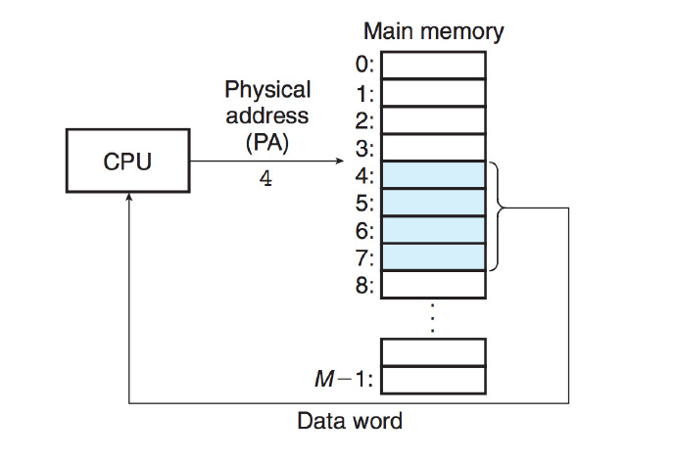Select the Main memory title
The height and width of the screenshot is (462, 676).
tap(433, 31)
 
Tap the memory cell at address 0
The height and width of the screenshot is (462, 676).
tap(433, 65)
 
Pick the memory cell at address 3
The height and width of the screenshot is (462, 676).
tap(433, 147)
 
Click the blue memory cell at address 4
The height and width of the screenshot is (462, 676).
tap(433, 175)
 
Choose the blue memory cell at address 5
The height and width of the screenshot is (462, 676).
tap(433, 203)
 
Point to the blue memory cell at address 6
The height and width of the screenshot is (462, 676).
tap(433, 230)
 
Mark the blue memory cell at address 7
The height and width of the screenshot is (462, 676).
tap(433, 256)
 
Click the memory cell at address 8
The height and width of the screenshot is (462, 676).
tap(433, 284)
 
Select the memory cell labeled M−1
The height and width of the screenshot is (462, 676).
tap(433, 379)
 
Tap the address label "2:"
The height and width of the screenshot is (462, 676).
tap(364, 121)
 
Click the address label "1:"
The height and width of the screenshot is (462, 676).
tap(364, 94)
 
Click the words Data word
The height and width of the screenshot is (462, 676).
tap(350, 422)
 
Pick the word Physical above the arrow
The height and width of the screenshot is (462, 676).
tap(267, 90)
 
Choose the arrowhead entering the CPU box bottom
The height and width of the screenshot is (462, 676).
tap(127, 197)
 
